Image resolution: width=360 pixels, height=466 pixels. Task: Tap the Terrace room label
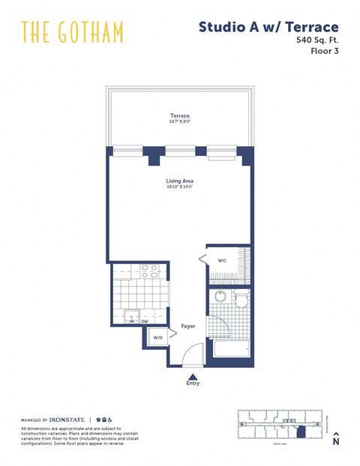click(179, 116)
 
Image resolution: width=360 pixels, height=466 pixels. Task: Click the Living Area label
click(179, 180)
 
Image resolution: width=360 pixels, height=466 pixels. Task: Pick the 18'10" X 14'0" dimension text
click(179, 187)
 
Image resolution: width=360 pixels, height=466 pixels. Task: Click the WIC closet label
click(222, 260)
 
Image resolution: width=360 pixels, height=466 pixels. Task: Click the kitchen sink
click(131, 317)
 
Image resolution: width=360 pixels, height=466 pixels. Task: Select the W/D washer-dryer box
click(158, 338)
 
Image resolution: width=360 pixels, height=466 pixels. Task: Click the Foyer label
click(187, 326)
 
